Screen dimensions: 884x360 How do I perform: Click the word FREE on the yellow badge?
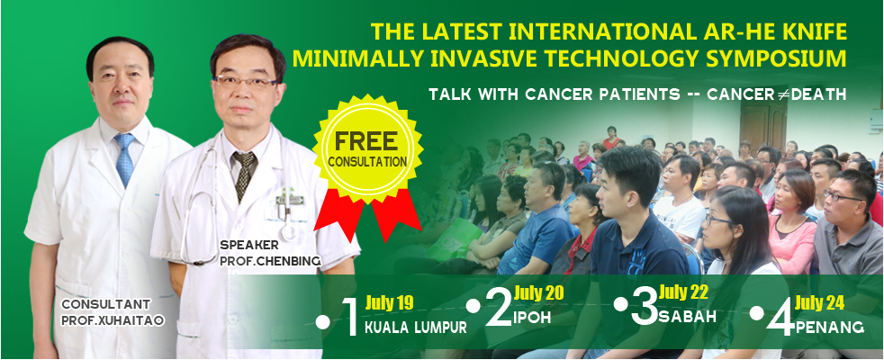(x=367, y=141)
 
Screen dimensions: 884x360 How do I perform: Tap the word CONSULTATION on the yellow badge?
(x=367, y=162)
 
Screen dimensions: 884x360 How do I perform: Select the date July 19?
(x=389, y=303)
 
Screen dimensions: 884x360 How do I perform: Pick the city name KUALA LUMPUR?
(x=416, y=328)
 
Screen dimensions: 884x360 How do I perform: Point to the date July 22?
(x=682, y=292)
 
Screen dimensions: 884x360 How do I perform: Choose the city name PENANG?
(x=830, y=327)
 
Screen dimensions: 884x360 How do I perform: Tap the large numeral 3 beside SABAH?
(x=644, y=308)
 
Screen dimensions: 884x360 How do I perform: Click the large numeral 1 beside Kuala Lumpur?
(x=350, y=317)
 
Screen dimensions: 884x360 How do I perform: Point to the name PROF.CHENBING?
(x=271, y=261)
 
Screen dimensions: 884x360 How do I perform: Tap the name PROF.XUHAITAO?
(x=113, y=320)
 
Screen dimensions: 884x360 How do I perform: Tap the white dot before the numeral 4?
(x=756, y=313)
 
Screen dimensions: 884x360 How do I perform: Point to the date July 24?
(x=819, y=303)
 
